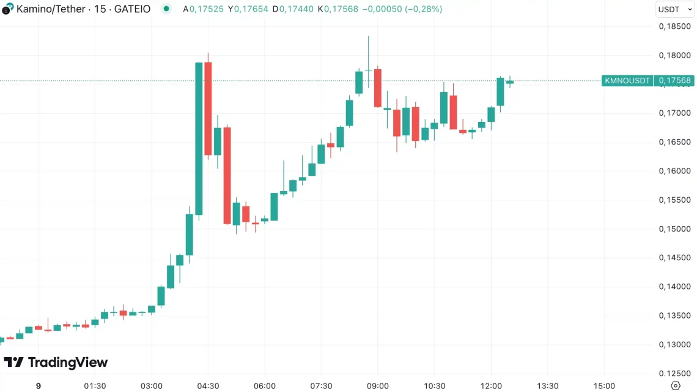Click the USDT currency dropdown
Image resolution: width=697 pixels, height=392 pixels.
(675, 9)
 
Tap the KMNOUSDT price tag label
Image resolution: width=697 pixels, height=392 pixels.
(627, 81)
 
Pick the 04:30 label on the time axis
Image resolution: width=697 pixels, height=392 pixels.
(208, 386)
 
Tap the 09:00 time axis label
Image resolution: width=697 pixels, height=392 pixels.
(378, 386)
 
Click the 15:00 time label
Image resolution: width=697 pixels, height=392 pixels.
(604, 386)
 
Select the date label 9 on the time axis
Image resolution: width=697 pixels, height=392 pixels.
(38, 386)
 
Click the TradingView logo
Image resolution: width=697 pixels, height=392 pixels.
(56, 363)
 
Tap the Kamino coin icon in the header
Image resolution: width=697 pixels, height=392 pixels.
(7, 10)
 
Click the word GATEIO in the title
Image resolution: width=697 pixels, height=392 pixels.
(132, 9)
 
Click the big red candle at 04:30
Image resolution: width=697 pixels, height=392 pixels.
(208, 107)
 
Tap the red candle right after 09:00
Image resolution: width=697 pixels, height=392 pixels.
(378, 88)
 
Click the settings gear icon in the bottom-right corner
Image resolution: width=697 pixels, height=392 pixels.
(676, 385)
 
